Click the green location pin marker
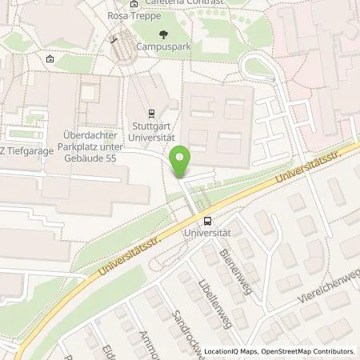click(x=182, y=161)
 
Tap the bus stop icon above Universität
click(x=208, y=221)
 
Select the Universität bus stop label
click(x=208, y=232)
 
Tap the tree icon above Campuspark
click(x=164, y=34)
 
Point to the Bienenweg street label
click(x=236, y=265)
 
